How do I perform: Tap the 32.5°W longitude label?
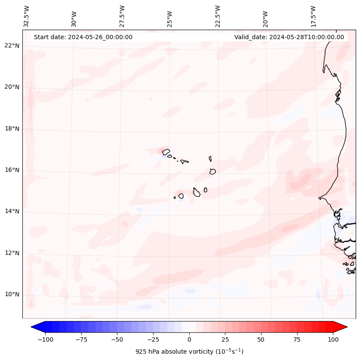pyautogui.click(x=27, y=16)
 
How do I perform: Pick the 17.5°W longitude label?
pyautogui.click(x=313, y=16)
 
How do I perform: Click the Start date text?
pyautogui.click(x=83, y=37)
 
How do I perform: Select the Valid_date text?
pyautogui.click(x=289, y=37)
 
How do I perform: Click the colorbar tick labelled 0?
pyautogui.click(x=189, y=339)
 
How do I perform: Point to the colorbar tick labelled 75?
pyautogui.click(x=297, y=339)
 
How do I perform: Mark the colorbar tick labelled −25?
pyautogui.click(x=153, y=339)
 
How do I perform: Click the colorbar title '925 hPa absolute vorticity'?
pyautogui.click(x=189, y=352)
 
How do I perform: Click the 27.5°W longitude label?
pyautogui.click(x=122, y=16)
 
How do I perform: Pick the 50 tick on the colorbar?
pyautogui.click(x=261, y=339)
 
